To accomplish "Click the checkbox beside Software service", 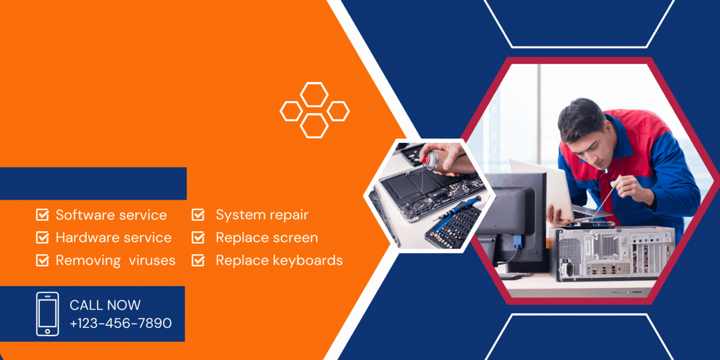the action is pos(42,215).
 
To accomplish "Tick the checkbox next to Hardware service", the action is pos(42,237).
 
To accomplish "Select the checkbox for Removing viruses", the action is pos(42,260).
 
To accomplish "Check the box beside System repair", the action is pos(198,215).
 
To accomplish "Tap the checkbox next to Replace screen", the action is pos(198,237).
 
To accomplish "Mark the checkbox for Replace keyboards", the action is pos(198,260).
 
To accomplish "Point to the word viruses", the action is pos(152,260).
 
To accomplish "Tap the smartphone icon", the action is pos(47,314).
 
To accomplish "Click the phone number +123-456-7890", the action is pos(120,323).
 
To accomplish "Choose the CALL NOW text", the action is pos(105,305).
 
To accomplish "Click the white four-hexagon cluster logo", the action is pos(315,110).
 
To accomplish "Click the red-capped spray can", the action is pos(431,159).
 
